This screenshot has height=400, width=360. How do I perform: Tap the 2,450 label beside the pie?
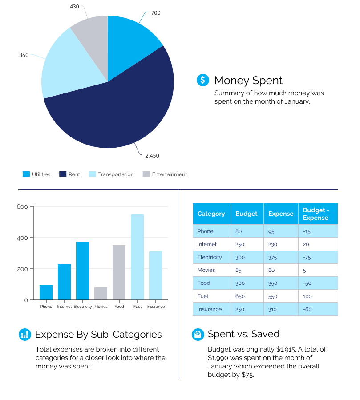click(x=152, y=156)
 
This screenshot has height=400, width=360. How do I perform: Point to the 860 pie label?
click(x=24, y=55)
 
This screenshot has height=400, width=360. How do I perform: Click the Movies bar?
click(x=101, y=293)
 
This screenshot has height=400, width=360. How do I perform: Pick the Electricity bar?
click(x=82, y=270)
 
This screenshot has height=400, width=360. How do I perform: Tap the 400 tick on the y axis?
click(x=22, y=238)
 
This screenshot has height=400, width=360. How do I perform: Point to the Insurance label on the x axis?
click(x=155, y=307)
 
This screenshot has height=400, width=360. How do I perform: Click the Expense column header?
click(x=281, y=214)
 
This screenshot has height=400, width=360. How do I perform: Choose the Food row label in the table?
click(x=204, y=283)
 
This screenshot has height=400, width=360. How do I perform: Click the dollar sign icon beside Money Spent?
click(x=203, y=80)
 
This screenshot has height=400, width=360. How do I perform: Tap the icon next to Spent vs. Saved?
click(x=198, y=335)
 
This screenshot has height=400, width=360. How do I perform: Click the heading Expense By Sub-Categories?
click(x=98, y=335)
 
